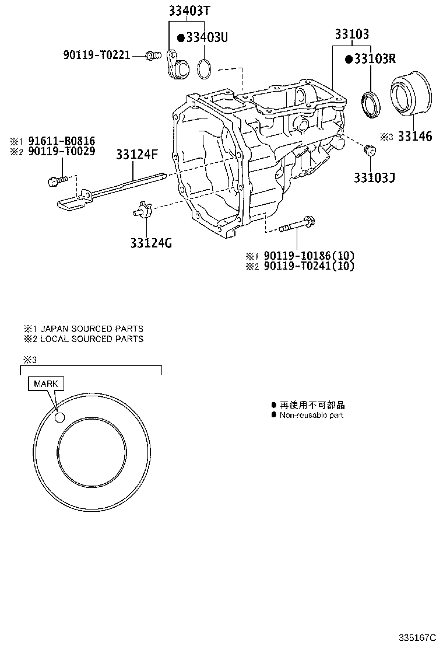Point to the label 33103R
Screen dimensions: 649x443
pyautogui.click(x=374, y=59)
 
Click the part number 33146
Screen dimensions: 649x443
pyautogui.click(x=414, y=137)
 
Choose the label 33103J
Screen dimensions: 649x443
pyautogui.click(x=373, y=176)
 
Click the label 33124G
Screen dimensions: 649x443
pyautogui.click(x=151, y=243)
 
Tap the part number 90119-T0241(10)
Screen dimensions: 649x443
pyautogui.click(x=308, y=266)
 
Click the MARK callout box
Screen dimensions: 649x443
pyautogui.click(x=45, y=383)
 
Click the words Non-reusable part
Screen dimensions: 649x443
pyautogui.click(x=311, y=415)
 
